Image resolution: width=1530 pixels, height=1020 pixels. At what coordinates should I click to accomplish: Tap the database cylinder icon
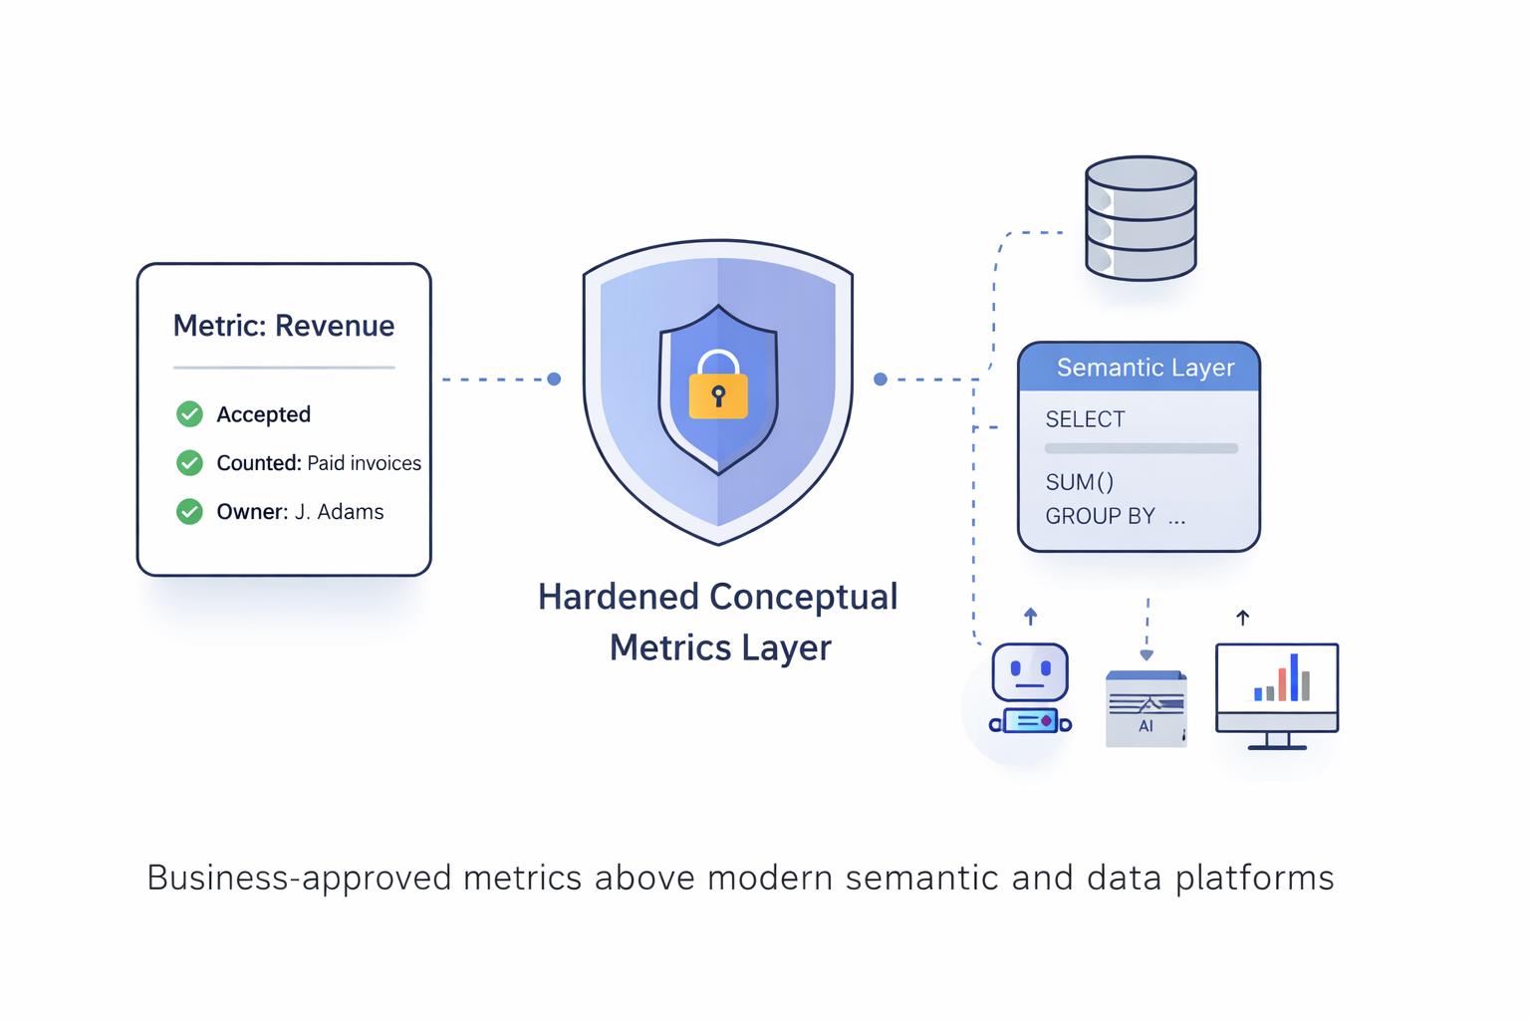[x=1141, y=218]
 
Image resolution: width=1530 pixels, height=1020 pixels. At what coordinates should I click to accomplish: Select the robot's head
[x=1030, y=672]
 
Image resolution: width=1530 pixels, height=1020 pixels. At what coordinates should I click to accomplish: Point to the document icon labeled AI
[x=1146, y=708]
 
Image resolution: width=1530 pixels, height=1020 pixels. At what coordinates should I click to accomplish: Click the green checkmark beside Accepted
[x=189, y=414]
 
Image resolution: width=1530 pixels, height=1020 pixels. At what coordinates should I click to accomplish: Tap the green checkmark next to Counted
[x=189, y=463]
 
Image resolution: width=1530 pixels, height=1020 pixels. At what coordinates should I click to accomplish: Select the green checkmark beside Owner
[x=189, y=512]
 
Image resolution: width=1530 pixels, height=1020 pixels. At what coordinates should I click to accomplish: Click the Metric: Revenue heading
[x=284, y=326]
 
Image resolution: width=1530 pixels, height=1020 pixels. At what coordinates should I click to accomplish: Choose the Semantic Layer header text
[x=1145, y=368]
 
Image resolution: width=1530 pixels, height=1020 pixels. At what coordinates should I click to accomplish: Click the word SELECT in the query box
[x=1085, y=419]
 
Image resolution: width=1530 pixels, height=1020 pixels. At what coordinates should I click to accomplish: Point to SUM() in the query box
[x=1079, y=483]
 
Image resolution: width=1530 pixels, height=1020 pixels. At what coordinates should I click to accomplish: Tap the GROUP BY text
[x=1100, y=516]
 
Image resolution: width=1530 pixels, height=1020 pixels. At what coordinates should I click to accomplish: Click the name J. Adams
[x=340, y=512]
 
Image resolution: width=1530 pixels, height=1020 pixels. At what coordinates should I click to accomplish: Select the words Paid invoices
[x=364, y=463]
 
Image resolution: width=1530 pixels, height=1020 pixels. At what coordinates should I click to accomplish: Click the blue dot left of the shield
[x=554, y=380]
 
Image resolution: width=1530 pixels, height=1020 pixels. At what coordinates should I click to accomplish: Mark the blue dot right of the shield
[x=881, y=380]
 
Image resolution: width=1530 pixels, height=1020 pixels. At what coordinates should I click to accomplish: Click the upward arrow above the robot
[x=1031, y=617]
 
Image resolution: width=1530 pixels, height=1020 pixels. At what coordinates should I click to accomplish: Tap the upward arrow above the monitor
[x=1242, y=618]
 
